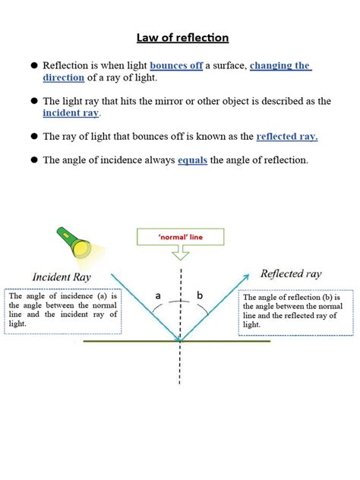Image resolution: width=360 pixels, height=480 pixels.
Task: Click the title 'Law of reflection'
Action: click(x=182, y=37)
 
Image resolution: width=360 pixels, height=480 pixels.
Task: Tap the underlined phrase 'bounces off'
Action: click(x=176, y=66)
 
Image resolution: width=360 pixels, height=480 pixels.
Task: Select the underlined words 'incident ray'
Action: click(x=71, y=113)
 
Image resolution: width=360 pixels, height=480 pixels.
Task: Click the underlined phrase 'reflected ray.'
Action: click(x=287, y=137)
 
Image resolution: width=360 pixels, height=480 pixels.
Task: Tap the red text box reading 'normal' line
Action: click(x=180, y=237)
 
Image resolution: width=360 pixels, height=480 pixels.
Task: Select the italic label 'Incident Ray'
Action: click(x=62, y=277)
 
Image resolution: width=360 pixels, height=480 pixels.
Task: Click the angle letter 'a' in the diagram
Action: click(x=158, y=295)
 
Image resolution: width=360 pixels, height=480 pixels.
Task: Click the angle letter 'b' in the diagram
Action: click(x=201, y=295)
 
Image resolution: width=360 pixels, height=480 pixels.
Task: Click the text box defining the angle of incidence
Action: click(x=62, y=311)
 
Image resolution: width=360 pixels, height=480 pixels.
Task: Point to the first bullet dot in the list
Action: click(x=34, y=66)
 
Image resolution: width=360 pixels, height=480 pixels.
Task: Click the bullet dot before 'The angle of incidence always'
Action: click(x=34, y=160)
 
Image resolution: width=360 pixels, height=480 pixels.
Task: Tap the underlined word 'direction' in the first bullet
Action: click(x=64, y=78)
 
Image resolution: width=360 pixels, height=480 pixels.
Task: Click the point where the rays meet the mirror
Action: click(x=180, y=341)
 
